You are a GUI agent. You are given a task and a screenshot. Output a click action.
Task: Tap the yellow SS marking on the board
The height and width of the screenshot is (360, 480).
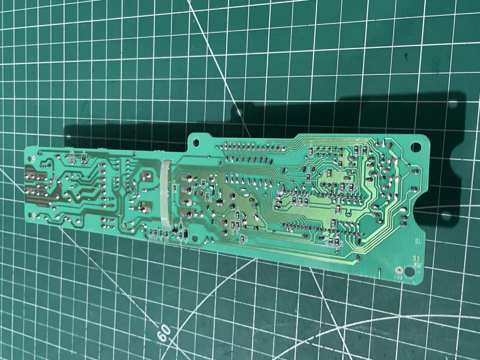[x=417, y=258]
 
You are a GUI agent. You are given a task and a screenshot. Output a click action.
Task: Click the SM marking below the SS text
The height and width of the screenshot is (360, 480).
[x=417, y=264]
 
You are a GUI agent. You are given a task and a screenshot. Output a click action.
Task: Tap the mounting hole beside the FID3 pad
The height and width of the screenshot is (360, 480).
[x=409, y=272]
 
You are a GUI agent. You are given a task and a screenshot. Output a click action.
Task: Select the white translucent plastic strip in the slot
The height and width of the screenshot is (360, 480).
[x=166, y=192]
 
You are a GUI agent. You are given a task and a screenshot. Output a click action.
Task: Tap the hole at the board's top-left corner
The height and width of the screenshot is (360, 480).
[x=32, y=153]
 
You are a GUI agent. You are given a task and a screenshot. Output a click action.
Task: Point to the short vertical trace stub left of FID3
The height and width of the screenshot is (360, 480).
[x=379, y=274]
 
